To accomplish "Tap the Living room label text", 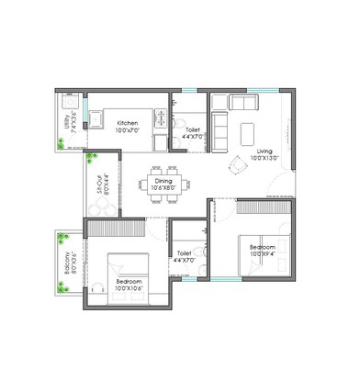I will click(x=264, y=151).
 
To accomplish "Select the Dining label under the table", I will click(x=163, y=182).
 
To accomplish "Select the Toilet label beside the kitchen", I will click(x=192, y=130).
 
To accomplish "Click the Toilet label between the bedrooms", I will click(x=184, y=253).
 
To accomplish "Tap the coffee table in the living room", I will click(x=247, y=133).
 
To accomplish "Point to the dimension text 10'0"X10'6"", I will click(x=128, y=287).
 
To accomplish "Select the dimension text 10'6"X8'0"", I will click(x=163, y=189).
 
